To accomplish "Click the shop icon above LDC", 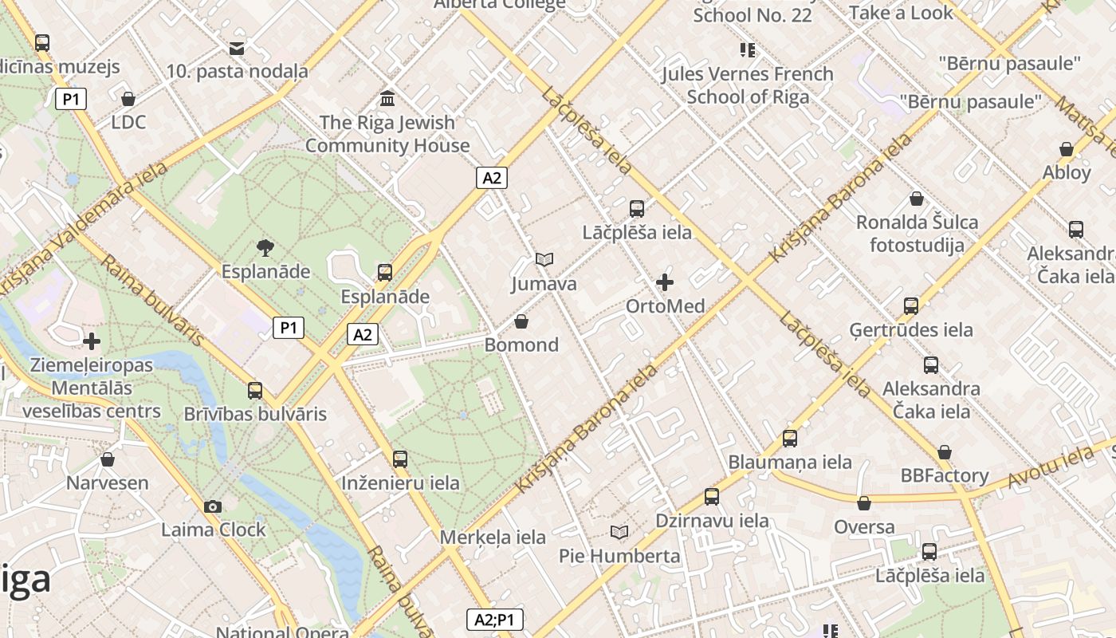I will (128, 99).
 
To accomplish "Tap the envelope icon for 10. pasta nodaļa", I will (237, 49).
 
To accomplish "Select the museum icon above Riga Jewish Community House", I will (387, 99).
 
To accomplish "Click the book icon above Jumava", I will (544, 260).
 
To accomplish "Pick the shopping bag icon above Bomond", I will (521, 321).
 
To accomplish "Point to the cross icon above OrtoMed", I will (665, 282).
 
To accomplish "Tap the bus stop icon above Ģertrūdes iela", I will (910, 305).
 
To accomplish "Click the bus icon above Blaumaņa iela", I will (789, 438).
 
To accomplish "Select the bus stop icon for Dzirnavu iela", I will (712, 497).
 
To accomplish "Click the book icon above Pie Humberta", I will (619, 532).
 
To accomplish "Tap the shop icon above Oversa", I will (864, 503).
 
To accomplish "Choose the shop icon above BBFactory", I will (945, 452).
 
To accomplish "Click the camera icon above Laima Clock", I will (213, 506).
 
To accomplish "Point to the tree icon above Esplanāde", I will (265, 248).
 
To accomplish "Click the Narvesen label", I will (107, 482).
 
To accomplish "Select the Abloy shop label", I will (1067, 172).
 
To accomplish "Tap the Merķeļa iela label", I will (493, 537).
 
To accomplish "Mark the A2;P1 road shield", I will (494, 620).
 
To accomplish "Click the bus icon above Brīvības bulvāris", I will (255, 391).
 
